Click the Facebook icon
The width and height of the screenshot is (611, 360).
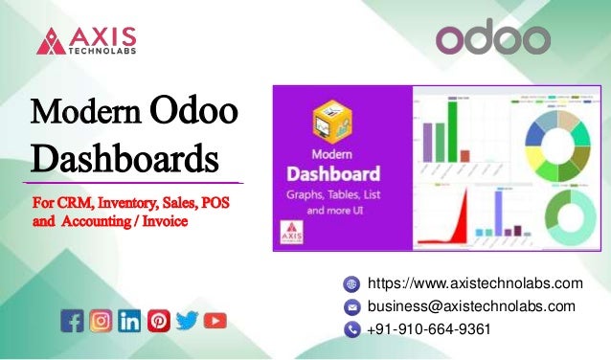72,320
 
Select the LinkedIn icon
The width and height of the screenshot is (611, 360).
129,320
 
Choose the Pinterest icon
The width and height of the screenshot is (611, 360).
159,320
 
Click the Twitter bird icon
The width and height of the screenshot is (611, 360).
187,320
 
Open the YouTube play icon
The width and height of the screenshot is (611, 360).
215,320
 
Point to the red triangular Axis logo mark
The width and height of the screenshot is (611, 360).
52,40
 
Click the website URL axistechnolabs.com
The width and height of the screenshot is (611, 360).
475,283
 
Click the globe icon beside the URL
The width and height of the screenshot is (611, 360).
352,284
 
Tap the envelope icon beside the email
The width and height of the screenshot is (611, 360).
352,307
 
